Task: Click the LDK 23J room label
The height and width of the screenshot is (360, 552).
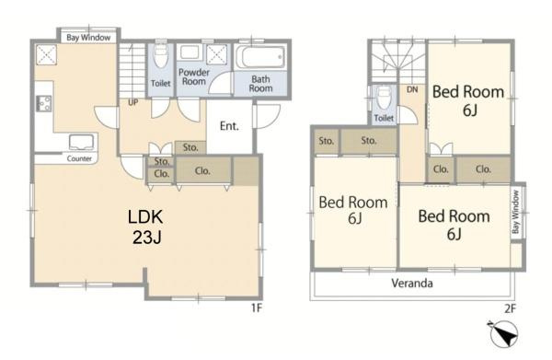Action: click(145, 226)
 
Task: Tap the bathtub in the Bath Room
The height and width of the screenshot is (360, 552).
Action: click(261, 57)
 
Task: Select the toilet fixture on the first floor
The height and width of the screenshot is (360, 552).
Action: click(161, 56)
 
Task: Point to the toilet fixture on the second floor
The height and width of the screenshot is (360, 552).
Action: click(383, 98)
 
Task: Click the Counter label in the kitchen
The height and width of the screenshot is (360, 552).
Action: click(79, 159)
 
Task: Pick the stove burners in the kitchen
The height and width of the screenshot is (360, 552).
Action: click(44, 103)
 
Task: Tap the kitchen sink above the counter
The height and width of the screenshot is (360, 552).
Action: click(82, 142)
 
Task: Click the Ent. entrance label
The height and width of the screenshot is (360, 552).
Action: click(229, 126)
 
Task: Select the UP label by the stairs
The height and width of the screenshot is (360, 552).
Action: click(133, 102)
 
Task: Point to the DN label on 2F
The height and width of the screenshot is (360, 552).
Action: click(412, 89)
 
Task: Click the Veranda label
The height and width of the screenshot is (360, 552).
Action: click(412, 284)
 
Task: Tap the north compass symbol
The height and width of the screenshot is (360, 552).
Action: click(503, 333)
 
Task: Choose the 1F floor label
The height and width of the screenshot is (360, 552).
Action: click(257, 308)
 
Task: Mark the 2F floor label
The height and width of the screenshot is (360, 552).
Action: click(510, 309)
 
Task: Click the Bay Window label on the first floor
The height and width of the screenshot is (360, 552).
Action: click(88, 38)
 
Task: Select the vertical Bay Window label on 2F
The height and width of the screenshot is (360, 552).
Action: click(516, 212)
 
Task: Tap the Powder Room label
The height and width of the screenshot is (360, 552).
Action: click(194, 76)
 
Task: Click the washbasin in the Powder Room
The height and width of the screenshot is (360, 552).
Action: click(190, 52)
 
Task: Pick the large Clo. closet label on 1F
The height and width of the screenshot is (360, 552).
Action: click(202, 171)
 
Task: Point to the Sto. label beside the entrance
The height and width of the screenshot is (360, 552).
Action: click(190, 147)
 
